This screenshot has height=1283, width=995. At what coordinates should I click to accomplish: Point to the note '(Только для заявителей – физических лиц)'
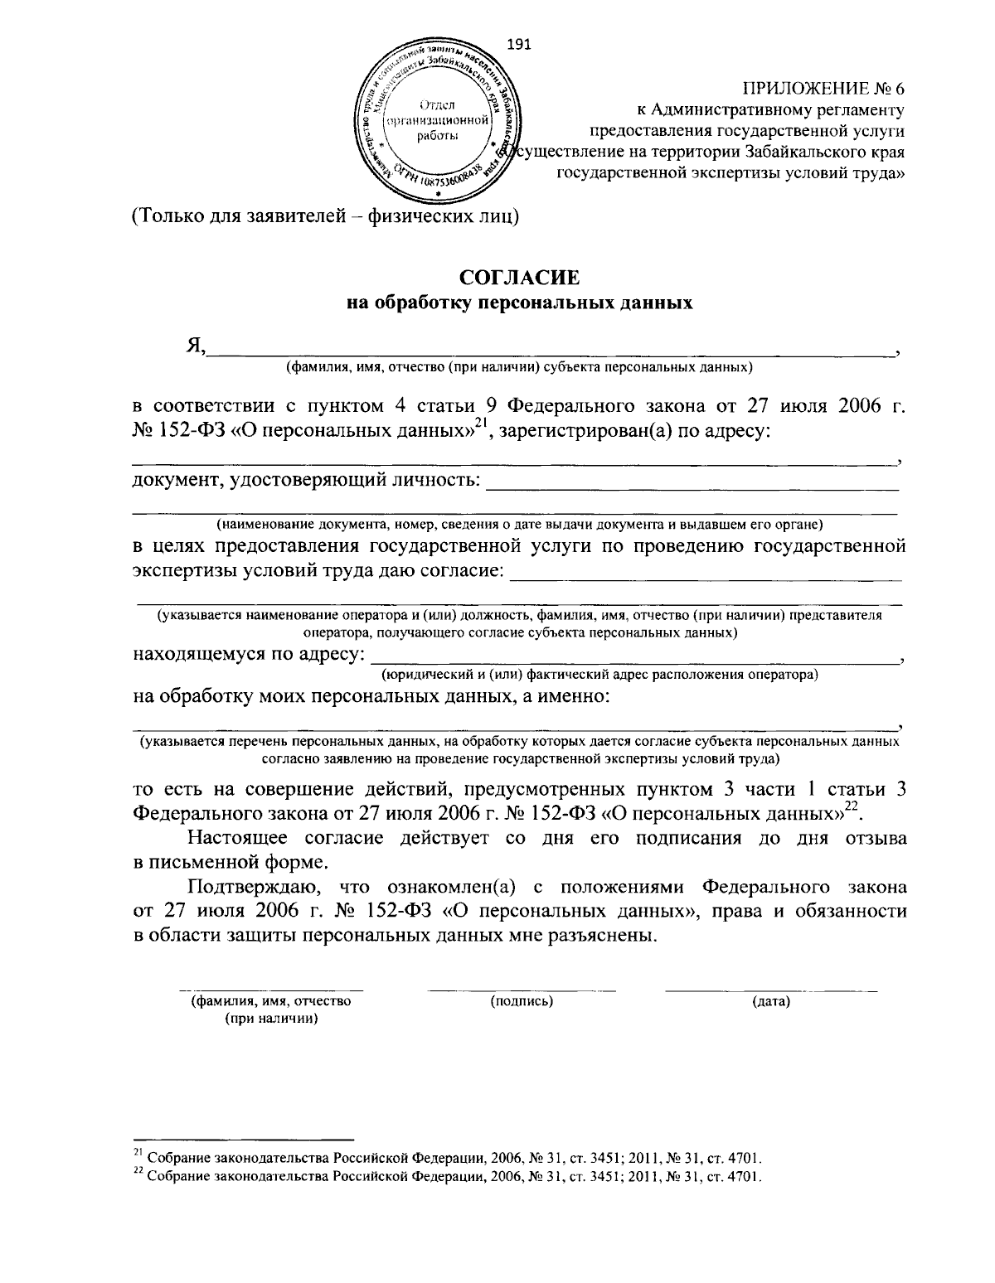(x=326, y=217)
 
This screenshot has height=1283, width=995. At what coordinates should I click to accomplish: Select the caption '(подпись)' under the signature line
(x=522, y=1001)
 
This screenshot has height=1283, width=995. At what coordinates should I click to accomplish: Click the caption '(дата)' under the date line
(x=771, y=1002)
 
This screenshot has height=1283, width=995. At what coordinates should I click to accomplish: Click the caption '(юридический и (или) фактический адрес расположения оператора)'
(x=599, y=675)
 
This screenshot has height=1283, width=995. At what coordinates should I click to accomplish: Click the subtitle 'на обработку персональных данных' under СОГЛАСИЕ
(x=518, y=303)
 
